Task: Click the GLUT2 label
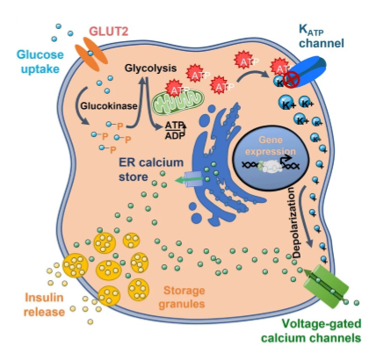pyautogui.click(x=108, y=30)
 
